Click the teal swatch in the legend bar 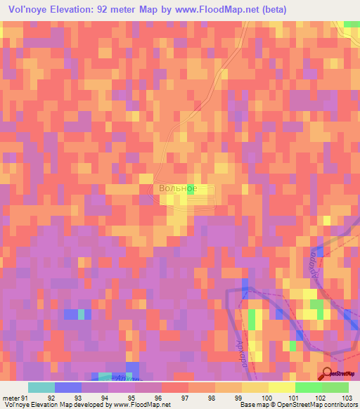(x=41, y=387)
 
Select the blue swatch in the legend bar (x=68, y=387)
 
